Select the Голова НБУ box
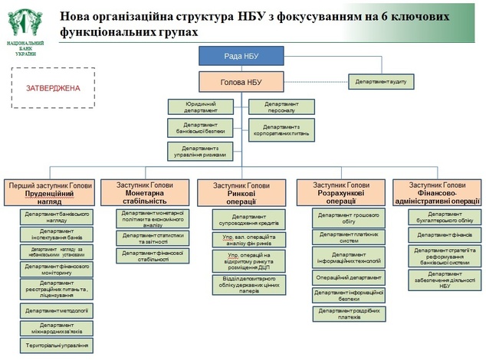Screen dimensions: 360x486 (242, 81)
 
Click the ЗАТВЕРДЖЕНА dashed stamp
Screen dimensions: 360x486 (52, 87)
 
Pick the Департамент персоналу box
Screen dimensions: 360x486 (281, 106)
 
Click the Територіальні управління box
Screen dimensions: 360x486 (56, 345)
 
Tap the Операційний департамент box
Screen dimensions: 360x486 (349, 277)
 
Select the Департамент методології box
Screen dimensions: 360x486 (56, 311)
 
